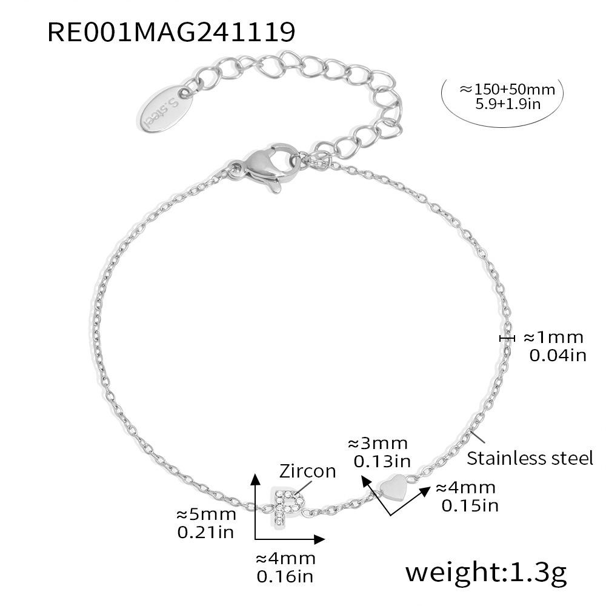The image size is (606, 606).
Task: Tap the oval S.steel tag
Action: tap(165, 109)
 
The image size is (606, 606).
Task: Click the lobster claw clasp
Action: tap(266, 167)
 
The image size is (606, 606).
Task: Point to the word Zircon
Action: tap(307, 471)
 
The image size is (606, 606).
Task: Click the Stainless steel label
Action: tap(530, 458)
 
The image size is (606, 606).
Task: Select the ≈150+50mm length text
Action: tap(507, 89)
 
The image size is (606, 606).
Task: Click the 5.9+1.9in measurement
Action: tap(507, 104)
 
